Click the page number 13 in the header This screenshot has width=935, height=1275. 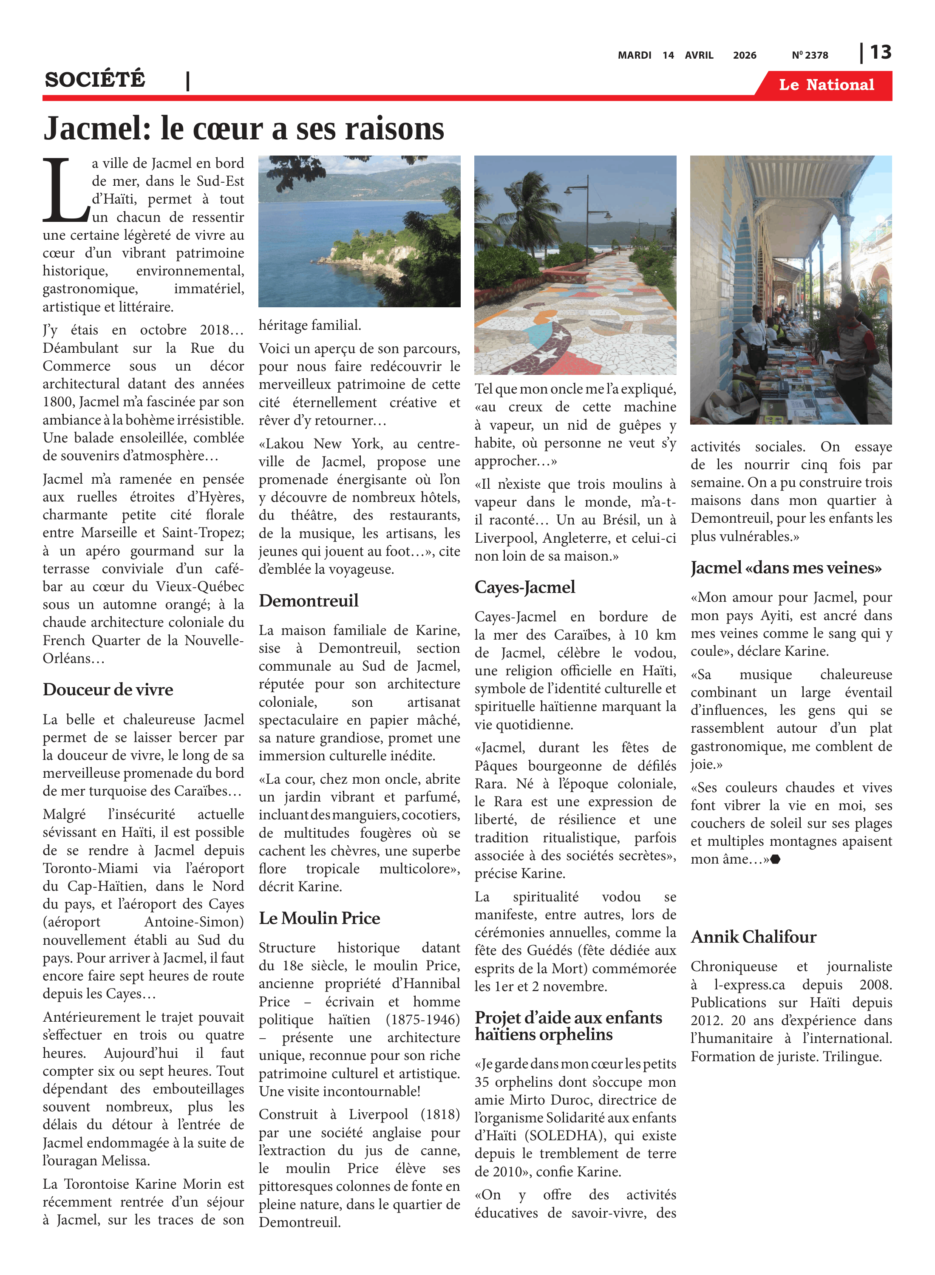[x=880, y=53]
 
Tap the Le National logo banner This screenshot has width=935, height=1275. [x=826, y=85]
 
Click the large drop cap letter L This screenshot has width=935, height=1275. [x=65, y=191]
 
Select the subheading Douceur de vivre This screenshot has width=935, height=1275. [x=108, y=689]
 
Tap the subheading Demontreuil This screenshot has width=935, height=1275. [x=309, y=601]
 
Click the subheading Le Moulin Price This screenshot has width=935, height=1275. [x=319, y=918]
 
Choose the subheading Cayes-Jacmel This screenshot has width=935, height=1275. [x=525, y=587]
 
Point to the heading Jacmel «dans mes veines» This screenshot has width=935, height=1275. [x=785, y=568]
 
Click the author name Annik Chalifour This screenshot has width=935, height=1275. [x=754, y=937]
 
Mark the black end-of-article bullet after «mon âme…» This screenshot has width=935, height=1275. [x=775, y=859]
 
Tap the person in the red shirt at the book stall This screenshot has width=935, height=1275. [x=860, y=340]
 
